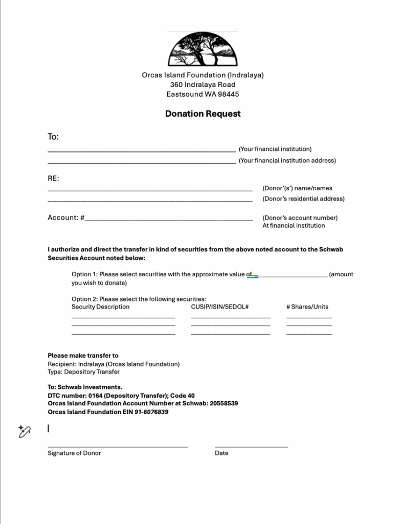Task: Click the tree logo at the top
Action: [x=202, y=50]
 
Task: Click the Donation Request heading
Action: [x=202, y=114]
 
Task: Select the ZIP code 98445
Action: [x=229, y=94]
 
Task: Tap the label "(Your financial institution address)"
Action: [x=287, y=161]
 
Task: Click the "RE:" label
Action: [x=53, y=179]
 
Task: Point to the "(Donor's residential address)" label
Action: [x=303, y=199]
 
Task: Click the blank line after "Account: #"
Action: [x=169, y=219]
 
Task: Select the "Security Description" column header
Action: [x=100, y=307]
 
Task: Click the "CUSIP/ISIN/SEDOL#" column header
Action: [x=219, y=307]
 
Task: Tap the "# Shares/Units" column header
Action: [x=307, y=307]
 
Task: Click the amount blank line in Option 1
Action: [x=292, y=275]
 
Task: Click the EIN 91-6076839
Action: [x=151, y=412]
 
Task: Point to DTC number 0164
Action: [x=95, y=396]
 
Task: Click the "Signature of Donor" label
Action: [x=74, y=453]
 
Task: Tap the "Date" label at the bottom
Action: [x=221, y=453]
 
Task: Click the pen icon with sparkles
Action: [x=25, y=431]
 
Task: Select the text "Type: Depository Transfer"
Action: [x=83, y=372]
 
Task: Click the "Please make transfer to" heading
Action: [x=83, y=356]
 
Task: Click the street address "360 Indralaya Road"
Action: [x=202, y=84]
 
